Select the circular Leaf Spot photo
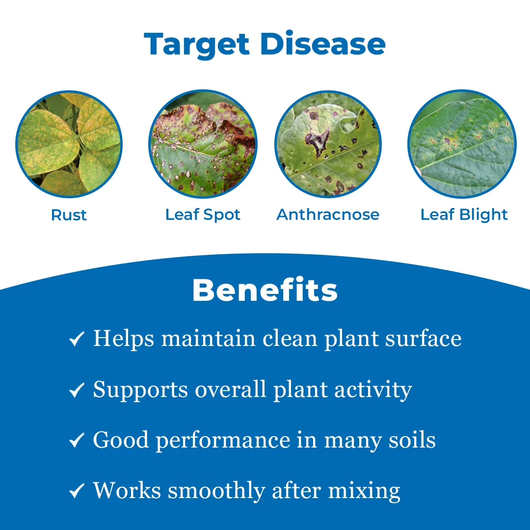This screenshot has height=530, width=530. (203, 144)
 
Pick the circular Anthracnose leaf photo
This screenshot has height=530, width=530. (328, 144)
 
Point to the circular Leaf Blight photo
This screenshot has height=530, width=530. (462, 144)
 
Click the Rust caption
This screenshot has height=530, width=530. (69, 215)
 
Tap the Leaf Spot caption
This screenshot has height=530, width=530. (203, 215)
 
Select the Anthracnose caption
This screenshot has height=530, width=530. (328, 215)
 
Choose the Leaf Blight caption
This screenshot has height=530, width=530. (464, 215)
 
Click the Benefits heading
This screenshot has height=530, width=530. (265, 291)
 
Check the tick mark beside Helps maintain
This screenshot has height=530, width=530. (77, 339)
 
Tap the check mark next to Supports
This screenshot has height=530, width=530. (77, 390)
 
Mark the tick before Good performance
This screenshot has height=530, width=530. (77, 441)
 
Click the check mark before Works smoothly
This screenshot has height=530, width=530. (77, 491)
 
